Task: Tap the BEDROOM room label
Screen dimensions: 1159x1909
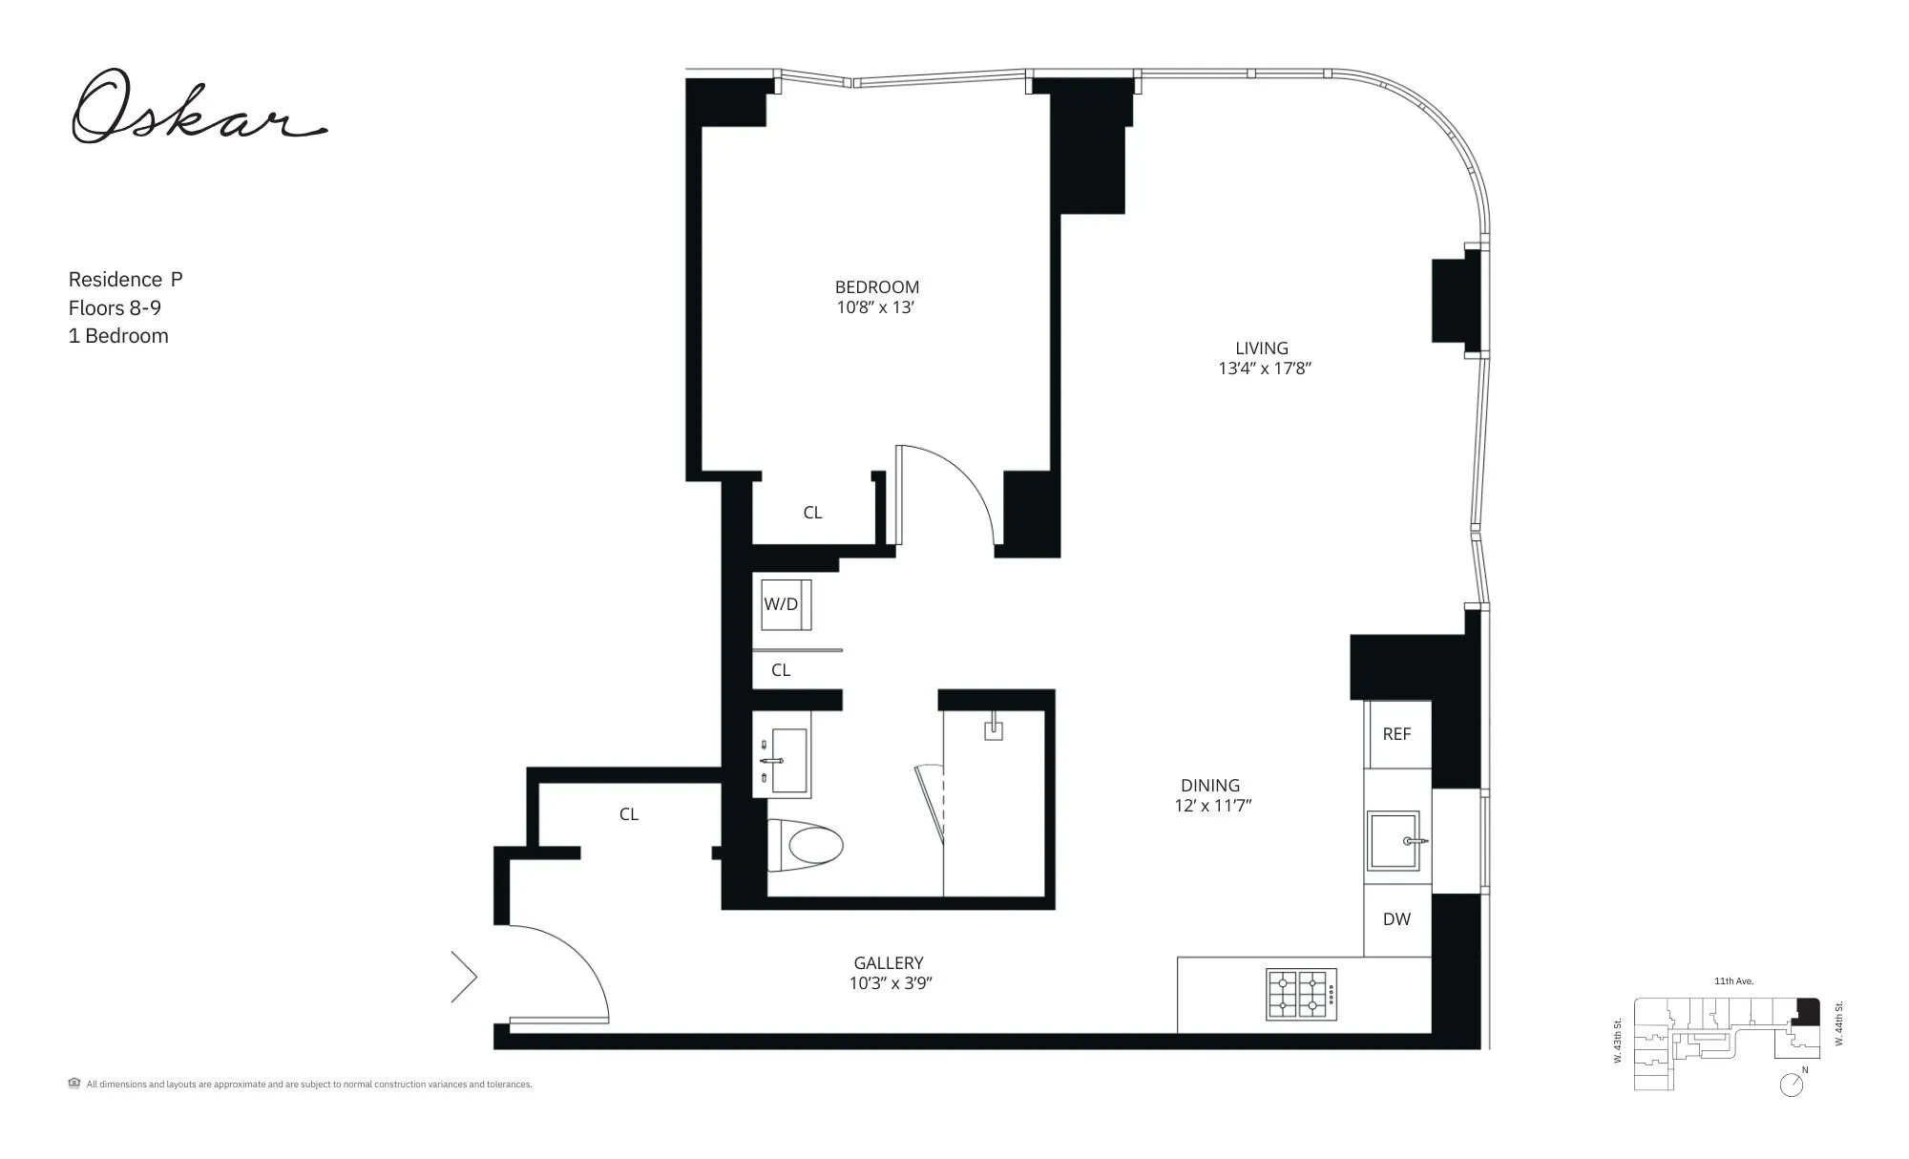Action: (x=876, y=286)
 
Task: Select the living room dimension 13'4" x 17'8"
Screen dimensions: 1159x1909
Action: (x=1264, y=369)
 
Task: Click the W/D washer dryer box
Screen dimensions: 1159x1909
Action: (x=782, y=604)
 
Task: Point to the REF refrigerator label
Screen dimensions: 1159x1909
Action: (x=1396, y=734)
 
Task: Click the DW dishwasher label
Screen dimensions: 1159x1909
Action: (x=1396, y=919)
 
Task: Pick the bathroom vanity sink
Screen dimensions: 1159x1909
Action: (x=787, y=761)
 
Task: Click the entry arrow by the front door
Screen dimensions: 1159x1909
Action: (x=465, y=977)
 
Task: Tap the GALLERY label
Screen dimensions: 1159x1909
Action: (x=888, y=963)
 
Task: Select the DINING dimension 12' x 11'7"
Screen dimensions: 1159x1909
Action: (x=1212, y=806)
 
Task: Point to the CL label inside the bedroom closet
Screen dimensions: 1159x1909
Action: (x=812, y=513)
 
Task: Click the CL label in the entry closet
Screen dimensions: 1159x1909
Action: (x=628, y=814)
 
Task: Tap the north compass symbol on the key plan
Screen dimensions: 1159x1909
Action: (x=1792, y=1085)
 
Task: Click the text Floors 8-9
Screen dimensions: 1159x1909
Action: (x=115, y=307)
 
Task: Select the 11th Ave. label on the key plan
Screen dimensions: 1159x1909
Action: (x=1733, y=981)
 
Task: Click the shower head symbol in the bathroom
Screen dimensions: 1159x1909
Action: (x=994, y=727)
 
